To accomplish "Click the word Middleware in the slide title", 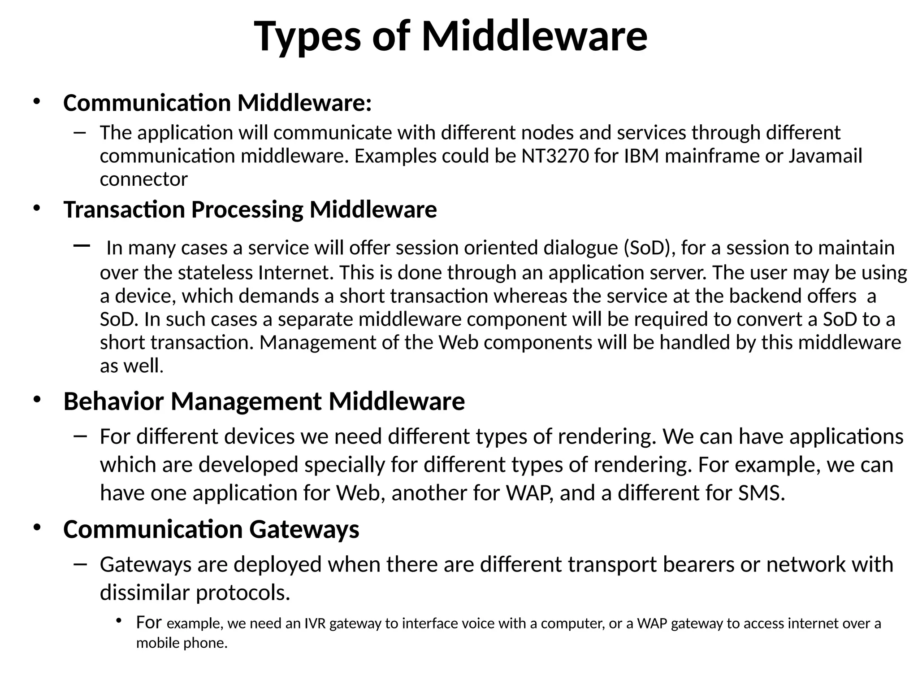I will tap(534, 36).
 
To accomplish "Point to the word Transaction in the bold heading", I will tap(124, 209).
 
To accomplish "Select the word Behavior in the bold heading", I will tap(113, 401).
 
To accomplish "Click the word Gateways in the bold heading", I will tap(304, 529).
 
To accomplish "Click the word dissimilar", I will tap(145, 592).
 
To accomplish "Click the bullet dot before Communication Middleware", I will tap(37, 102).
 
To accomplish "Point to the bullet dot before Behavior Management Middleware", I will tap(37, 400).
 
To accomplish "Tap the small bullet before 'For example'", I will tap(118, 621).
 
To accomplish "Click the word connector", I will tap(143, 179).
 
